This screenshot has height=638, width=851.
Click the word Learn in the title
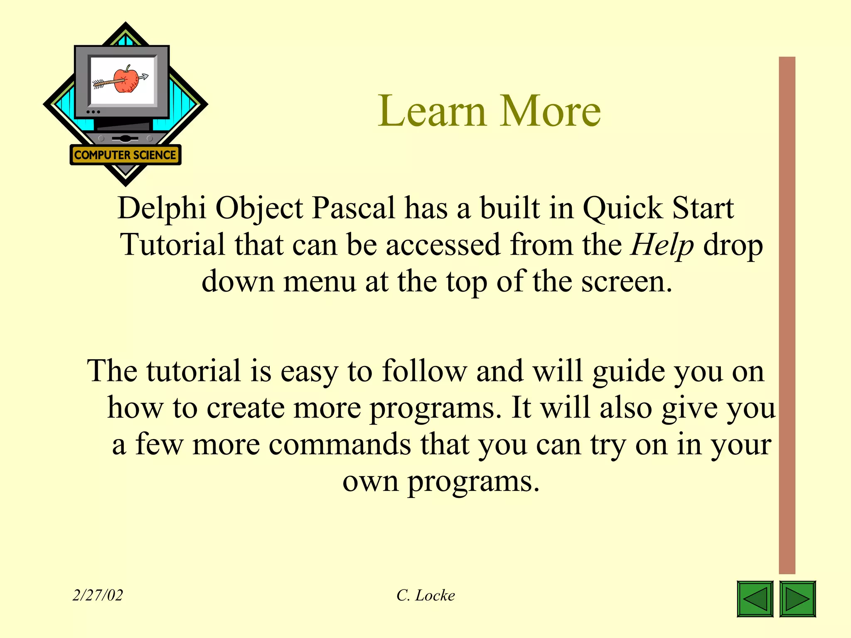432,111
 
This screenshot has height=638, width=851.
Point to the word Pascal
353,208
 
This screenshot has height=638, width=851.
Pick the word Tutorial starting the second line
172,245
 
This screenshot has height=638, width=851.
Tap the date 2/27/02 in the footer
98,595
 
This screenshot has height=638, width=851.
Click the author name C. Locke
425,595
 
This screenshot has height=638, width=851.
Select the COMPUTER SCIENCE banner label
125,155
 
